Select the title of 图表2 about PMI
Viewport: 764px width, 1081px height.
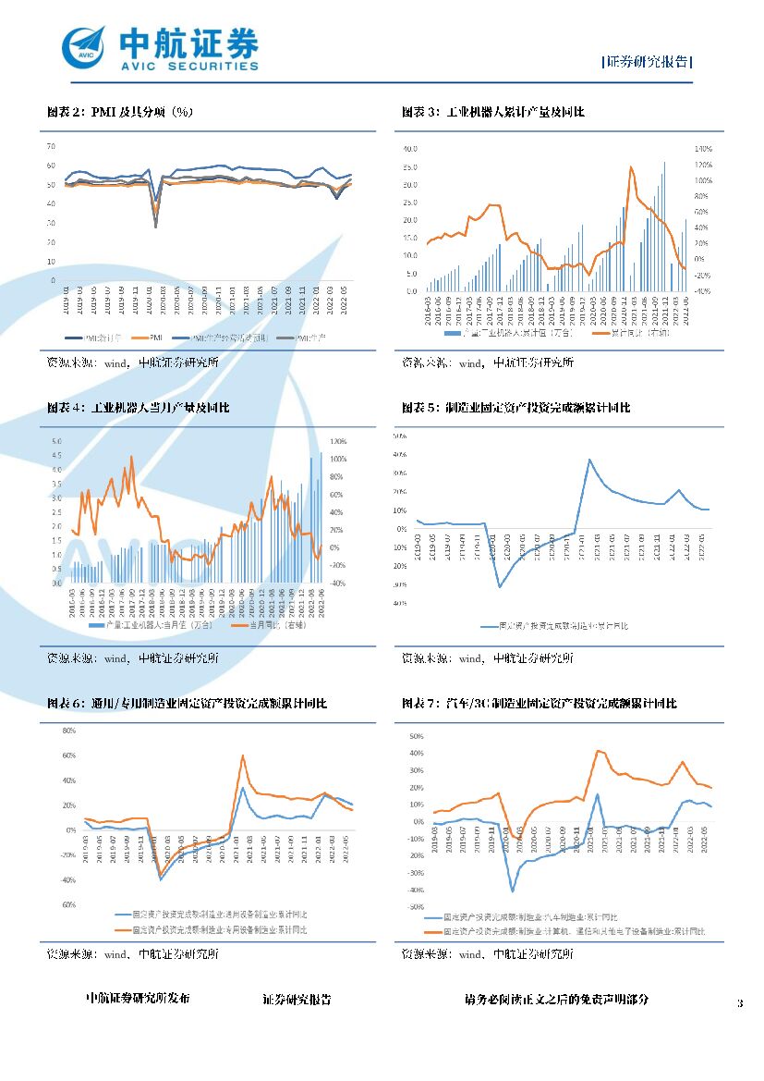tap(120, 112)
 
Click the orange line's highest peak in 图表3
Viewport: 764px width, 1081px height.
tap(631, 167)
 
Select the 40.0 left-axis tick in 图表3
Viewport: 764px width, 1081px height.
tap(410, 148)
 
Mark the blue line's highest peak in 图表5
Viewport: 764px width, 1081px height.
tap(589, 460)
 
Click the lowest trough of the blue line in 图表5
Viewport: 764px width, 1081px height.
tap(500, 586)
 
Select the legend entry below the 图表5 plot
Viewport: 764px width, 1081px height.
tap(554, 627)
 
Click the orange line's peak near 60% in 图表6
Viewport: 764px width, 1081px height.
tap(243, 755)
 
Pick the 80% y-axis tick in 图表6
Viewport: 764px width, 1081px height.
tap(68, 731)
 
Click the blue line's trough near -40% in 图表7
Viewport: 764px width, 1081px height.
tap(512, 891)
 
